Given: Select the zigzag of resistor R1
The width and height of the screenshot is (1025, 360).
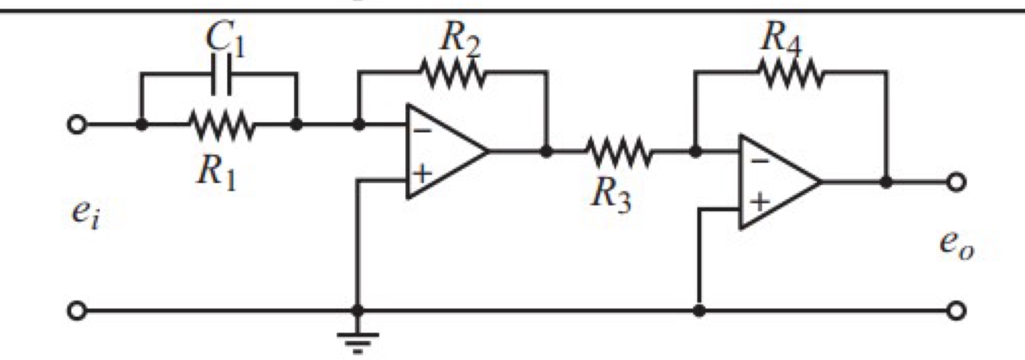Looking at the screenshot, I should pos(221,125).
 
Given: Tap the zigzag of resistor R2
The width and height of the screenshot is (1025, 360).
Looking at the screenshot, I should pos(452,73).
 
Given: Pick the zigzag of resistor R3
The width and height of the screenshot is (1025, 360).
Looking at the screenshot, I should pos(618,152).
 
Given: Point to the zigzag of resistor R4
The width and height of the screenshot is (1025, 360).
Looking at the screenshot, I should pos(790,73).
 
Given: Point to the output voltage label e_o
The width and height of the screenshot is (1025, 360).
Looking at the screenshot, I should pos(957,246).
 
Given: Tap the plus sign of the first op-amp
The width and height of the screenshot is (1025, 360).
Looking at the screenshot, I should pos(422,174).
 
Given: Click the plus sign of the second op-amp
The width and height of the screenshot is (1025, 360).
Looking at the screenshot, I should pos(759,202).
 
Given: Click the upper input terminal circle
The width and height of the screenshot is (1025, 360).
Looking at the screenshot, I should pos(76,125).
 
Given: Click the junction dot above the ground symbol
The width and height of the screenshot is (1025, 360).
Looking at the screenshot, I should pos(358,311).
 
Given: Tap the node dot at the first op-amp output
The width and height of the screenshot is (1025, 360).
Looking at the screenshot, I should pos(547,152).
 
